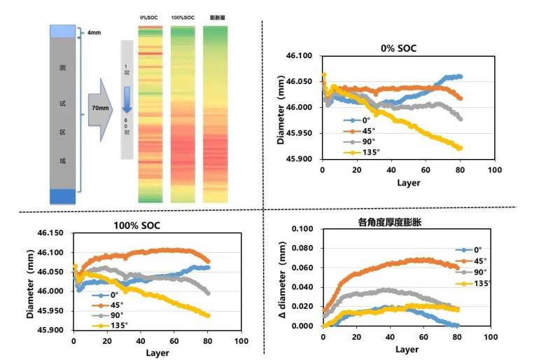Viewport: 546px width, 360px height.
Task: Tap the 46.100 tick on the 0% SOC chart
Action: tap(300, 56)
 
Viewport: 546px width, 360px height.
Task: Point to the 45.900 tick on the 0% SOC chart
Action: tap(300, 159)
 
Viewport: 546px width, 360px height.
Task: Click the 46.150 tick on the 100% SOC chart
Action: tap(49, 233)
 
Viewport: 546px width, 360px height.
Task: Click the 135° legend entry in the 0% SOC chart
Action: tap(366, 151)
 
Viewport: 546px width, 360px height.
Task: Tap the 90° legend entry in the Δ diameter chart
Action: tap(481, 272)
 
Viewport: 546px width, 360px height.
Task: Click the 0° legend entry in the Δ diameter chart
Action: tap(478, 249)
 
